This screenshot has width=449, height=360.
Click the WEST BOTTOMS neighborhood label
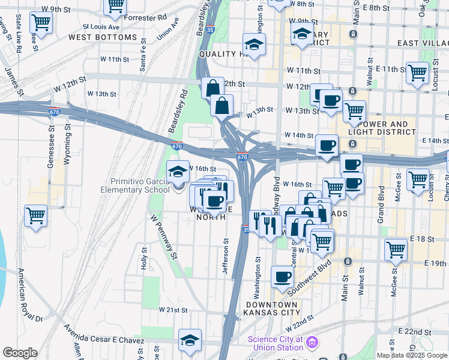103,37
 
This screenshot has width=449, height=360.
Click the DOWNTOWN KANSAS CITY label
273,308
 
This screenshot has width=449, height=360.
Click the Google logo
19,353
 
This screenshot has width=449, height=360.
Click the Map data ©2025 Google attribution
412,355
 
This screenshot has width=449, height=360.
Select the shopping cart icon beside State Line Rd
41,23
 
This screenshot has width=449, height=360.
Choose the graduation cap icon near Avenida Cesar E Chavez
190,340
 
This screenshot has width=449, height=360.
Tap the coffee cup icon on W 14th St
327,145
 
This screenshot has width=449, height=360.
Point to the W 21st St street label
173,310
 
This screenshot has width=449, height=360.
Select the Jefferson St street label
226,256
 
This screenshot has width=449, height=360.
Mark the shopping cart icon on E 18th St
396,250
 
